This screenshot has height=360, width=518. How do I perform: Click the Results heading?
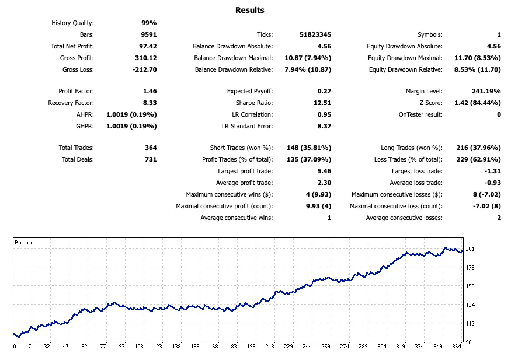point(249,10)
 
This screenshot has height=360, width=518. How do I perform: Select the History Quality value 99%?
point(149,23)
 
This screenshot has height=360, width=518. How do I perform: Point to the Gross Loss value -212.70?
point(144,69)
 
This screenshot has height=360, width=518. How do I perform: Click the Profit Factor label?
point(76,91)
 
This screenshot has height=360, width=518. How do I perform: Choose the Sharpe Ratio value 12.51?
point(322,103)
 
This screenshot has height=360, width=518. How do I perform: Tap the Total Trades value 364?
point(151,148)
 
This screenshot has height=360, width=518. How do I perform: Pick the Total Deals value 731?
point(151,159)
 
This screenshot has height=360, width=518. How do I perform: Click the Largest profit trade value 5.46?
point(324,171)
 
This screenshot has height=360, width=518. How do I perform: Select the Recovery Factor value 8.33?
point(149,103)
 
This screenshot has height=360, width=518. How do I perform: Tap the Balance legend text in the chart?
point(24,243)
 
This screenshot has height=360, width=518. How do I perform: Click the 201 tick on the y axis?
point(470,249)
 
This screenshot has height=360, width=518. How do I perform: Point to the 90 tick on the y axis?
point(468,342)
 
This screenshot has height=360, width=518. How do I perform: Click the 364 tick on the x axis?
point(456,347)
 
